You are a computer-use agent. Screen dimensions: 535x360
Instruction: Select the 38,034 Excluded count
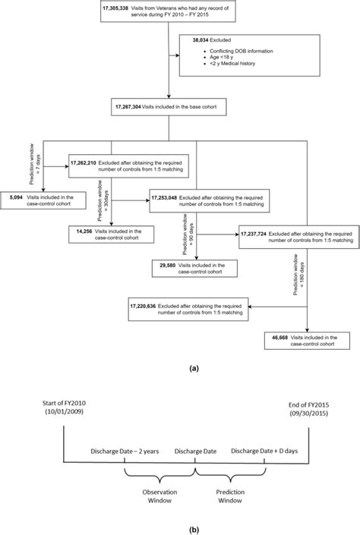click(194, 39)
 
